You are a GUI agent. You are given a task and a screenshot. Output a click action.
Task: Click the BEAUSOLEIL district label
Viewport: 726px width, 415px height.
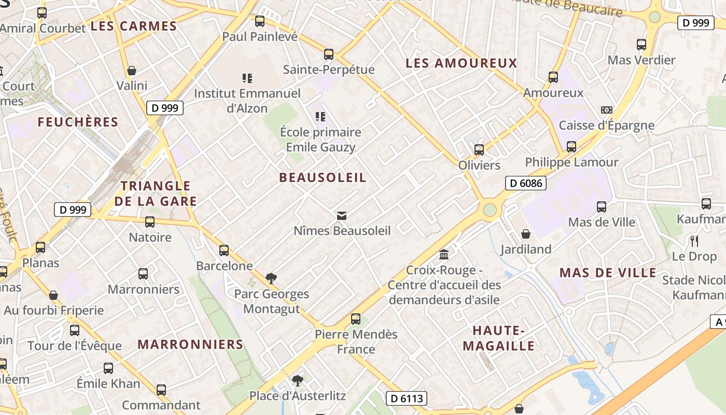(x=323, y=177)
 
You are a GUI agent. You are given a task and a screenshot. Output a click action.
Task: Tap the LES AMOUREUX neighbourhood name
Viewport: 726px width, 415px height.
(x=462, y=63)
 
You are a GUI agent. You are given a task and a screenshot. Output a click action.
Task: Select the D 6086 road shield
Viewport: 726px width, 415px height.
(x=526, y=183)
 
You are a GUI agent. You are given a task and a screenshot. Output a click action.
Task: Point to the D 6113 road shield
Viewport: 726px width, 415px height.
(x=407, y=398)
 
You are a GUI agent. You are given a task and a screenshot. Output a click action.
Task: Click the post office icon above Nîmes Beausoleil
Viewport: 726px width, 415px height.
(x=342, y=216)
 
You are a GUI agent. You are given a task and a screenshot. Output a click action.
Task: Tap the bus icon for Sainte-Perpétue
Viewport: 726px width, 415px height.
(x=329, y=54)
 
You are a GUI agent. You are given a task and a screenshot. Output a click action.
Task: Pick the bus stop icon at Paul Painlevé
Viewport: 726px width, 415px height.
(x=260, y=21)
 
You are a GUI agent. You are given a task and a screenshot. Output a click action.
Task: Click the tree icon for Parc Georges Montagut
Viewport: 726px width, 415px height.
(x=271, y=279)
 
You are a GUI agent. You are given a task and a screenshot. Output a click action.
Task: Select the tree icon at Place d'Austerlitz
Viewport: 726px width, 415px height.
(x=297, y=381)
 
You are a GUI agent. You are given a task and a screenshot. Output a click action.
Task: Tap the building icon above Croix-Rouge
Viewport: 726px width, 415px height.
(x=444, y=255)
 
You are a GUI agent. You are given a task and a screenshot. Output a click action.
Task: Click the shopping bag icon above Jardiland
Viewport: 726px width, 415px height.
(x=526, y=234)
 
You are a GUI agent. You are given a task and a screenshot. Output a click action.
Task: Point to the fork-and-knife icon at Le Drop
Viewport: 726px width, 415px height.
(x=694, y=241)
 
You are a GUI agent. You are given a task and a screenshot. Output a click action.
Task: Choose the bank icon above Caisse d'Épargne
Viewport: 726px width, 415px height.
(x=606, y=110)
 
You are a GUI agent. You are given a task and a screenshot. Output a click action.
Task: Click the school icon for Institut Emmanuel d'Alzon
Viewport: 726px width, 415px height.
(x=247, y=78)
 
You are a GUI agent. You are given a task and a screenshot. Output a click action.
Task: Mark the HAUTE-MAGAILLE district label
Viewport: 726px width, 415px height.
(x=498, y=338)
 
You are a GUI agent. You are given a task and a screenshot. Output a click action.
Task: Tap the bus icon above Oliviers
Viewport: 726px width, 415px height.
(x=479, y=150)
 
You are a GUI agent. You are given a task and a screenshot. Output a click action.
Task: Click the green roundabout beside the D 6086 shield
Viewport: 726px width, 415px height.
(x=490, y=210)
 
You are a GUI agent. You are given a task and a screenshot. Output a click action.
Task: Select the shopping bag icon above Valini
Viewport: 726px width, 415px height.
(x=132, y=71)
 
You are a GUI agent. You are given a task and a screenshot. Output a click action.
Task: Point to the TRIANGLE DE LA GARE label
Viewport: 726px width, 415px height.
(x=156, y=193)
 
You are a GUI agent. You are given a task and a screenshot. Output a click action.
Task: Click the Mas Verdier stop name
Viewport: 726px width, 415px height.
(x=641, y=60)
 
